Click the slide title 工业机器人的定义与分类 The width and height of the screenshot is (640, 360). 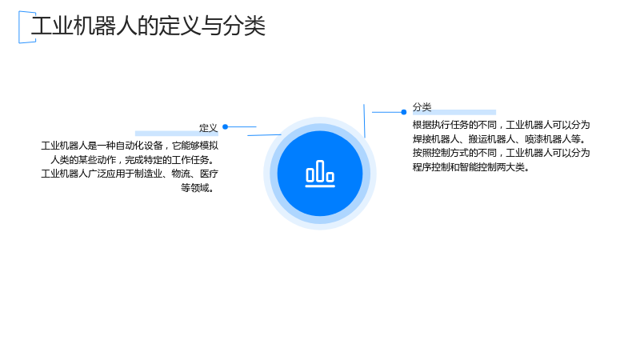[x=148, y=26]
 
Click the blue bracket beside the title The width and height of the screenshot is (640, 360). [x=19, y=27]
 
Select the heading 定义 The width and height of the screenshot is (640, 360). [x=208, y=128]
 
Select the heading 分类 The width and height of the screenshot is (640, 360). [x=422, y=107]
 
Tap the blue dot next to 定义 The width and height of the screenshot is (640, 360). [x=225, y=127]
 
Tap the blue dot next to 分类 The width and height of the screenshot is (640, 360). [x=404, y=112]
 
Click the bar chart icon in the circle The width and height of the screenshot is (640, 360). [x=320, y=174]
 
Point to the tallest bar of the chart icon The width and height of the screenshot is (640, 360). [x=320, y=170]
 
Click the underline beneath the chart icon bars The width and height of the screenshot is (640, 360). [x=320, y=186]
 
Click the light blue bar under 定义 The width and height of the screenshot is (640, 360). [x=177, y=134]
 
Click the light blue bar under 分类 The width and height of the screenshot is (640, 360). [x=454, y=112]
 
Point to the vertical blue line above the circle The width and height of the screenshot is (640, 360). [x=364, y=121]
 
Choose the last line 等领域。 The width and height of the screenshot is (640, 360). [x=198, y=188]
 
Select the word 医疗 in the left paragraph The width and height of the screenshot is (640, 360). [x=209, y=174]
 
